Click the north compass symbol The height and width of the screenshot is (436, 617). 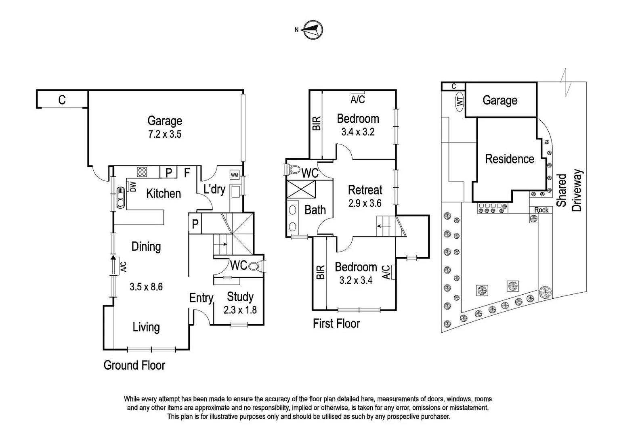click(x=313, y=29)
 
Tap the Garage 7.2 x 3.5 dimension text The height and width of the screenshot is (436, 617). click(x=165, y=134)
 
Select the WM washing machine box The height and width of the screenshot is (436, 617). click(x=234, y=175)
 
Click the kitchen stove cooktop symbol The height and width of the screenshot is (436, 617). click(x=142, y=172)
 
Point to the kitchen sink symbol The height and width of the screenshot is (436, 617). click(x=120, y=197)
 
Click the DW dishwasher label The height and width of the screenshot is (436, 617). click(x=132, y=187)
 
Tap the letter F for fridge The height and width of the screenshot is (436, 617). click(x=187, y=173)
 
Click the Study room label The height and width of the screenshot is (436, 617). click(x=240, y=297)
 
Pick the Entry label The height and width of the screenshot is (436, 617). click(x=201, y=298)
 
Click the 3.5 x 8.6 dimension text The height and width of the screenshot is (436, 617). click(x=146, y=287)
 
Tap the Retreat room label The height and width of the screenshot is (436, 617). click(x=365, y=190)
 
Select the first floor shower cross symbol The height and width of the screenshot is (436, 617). click(x=301, y=189)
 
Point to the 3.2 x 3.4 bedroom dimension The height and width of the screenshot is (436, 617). click(x=356, y=280)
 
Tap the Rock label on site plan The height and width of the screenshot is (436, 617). click(x=541, y=210)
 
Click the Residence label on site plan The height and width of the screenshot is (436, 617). click(x=510, y=159)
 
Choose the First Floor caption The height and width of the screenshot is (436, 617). click(x=336, y=323)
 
